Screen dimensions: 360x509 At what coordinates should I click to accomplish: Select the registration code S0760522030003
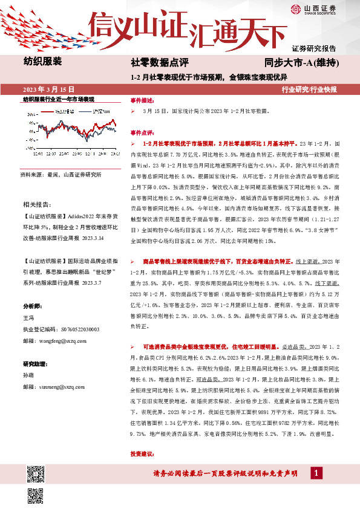(81, 329)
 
